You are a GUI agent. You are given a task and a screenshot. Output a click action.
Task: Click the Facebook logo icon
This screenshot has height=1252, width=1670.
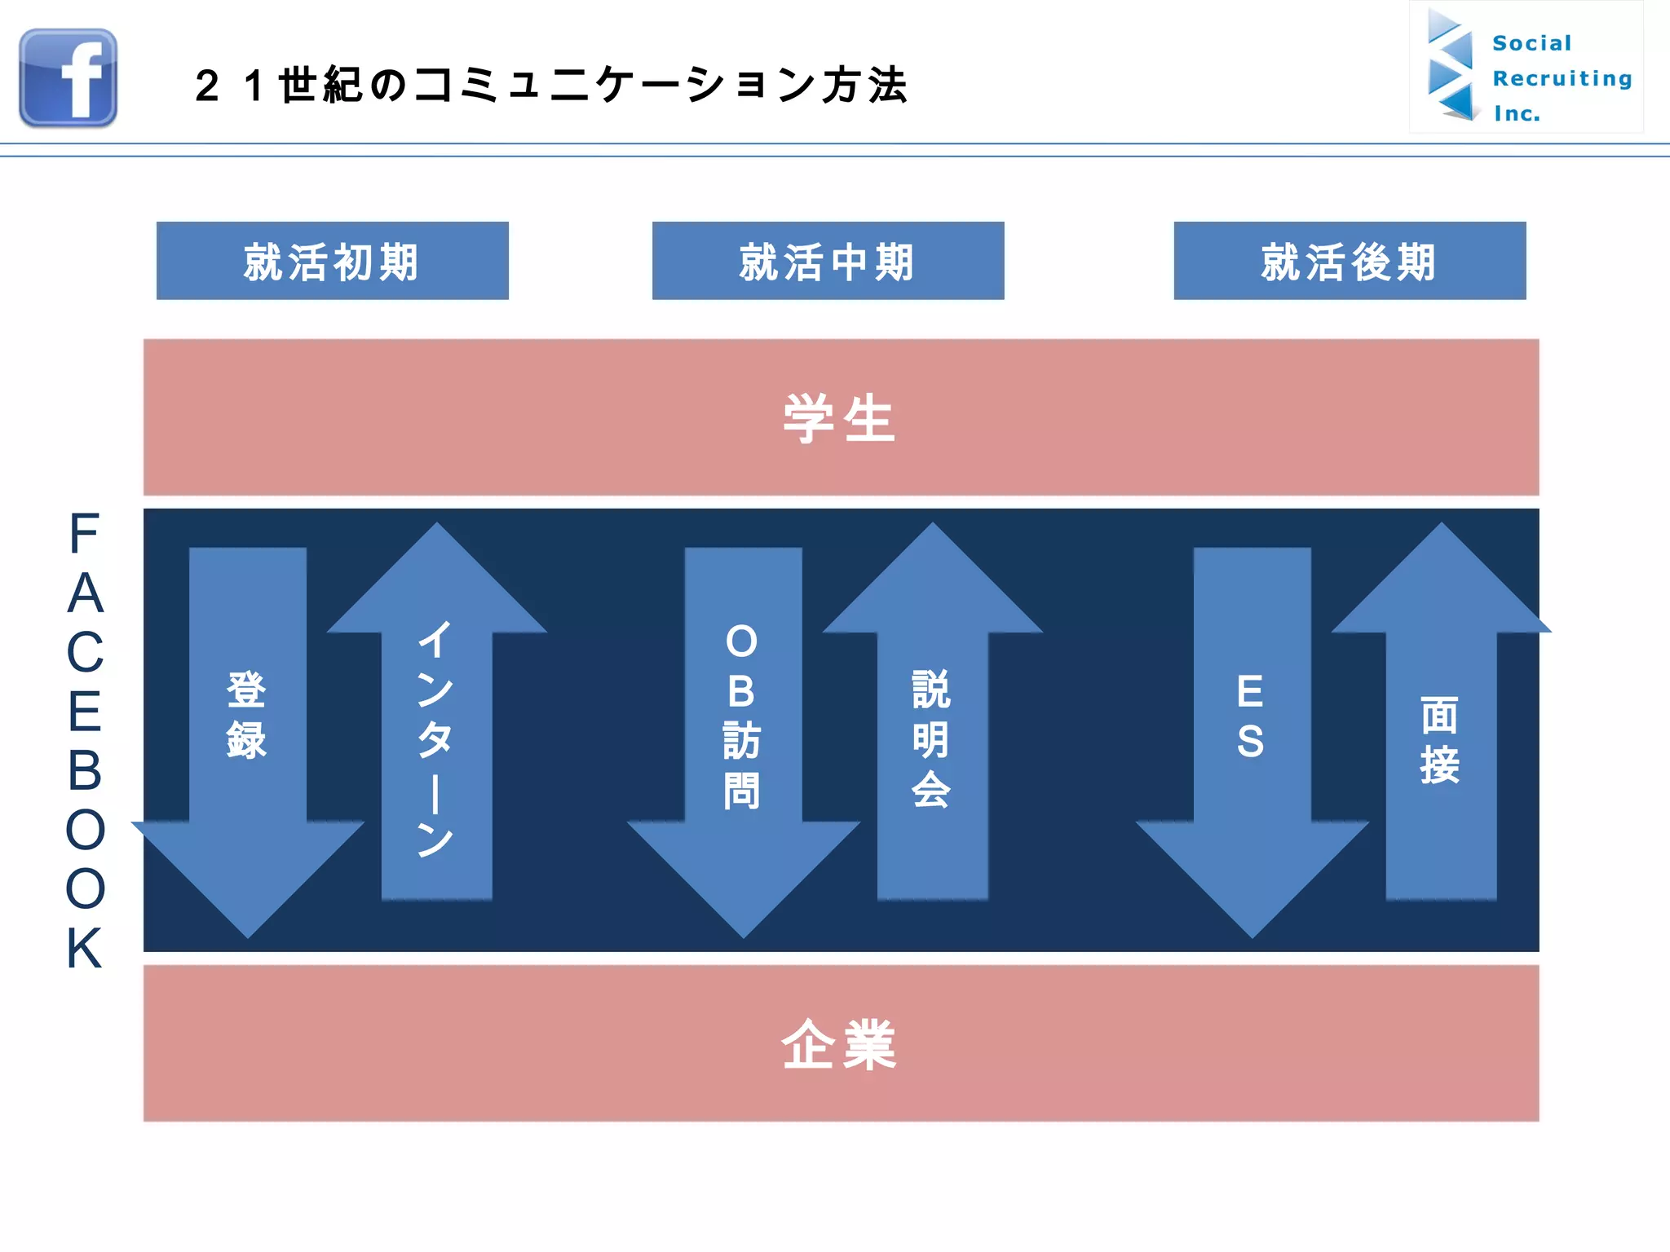[x=68, y=78]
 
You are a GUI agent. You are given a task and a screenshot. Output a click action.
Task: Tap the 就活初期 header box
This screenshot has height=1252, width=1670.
[x=332, y=261]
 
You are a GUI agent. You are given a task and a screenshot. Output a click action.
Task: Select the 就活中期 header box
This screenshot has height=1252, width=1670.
[x=828, y=261]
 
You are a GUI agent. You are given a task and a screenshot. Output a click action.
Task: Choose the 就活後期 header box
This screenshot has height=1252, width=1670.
[x=1350, y=261]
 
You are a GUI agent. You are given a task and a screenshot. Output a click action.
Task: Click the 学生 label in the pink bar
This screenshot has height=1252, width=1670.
[x=839, y=418]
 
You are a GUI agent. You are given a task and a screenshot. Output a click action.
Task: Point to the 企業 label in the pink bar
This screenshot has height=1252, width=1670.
[x=839, y=1044]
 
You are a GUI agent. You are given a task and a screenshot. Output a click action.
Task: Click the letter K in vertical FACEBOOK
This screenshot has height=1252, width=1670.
[x=85, y=948]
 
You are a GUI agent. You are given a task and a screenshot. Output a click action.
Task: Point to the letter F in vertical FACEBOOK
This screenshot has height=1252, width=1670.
[x=84, y=535]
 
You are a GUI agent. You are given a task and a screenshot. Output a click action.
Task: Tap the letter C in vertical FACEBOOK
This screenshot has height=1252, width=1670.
[x=85, y=653]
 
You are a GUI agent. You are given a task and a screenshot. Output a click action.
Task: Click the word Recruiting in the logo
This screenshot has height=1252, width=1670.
[x=1562, y=78]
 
